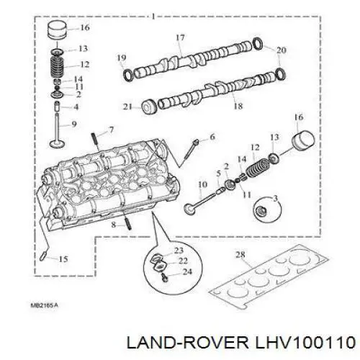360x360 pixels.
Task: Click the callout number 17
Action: pyautogui.click(x=180, y=37)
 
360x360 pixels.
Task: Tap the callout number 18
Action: pyautogui.click(x=238, y=106)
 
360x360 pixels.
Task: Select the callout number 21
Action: pyautogui.click(x=127, y=107)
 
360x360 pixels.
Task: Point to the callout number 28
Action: pyautogui.click(x=240, y=255)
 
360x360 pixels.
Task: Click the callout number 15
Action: pyautogui.click(x=63, y=259)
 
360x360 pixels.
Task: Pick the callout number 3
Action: pyautogui.click(x=275, y=199)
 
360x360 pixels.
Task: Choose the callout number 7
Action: pyautogui.click(x=111, y=130)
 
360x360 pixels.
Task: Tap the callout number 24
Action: pyautogui.click(x=187, y=271)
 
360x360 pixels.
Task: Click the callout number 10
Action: pyautogui.click(x=202, y=184)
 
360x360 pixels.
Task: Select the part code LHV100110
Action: pyautogui.click(x=305, y=342)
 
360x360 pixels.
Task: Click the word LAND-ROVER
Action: pyautogui.click(x=187, y=342)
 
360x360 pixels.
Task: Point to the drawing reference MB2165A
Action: pyautogui.click(x=45, y=305)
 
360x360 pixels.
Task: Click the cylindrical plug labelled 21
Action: pyautogui.click(x=149, y=107)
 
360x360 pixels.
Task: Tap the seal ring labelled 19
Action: pyautogui.click(x=128, y=75)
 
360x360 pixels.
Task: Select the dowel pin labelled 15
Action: pyautogui.click(x=42, y=256)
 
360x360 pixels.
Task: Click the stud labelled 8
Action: pyautogui.click(x=127, y=220)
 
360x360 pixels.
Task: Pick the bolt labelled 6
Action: pyautogui.click(x=191, y=151)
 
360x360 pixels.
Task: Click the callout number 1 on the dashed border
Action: pyautogui.click(x=153, y=17)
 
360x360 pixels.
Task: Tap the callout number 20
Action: pyautogui.click(x=282, y=50)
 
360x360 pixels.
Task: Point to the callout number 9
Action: pyautogui.click(x=74, y=124)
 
